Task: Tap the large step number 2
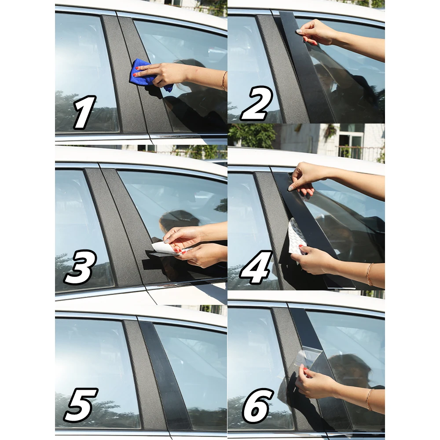click(257, 103)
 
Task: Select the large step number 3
click(80, 267)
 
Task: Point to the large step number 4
click(256, 268)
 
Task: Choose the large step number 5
click(81, 405)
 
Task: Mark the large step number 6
click(257, 406)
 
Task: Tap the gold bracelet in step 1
click(224, 81)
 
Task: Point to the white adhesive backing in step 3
click(165, 248)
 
